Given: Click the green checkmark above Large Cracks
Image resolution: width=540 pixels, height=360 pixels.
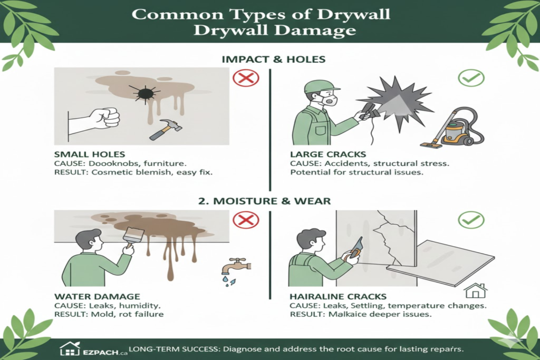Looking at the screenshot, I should [470, 79].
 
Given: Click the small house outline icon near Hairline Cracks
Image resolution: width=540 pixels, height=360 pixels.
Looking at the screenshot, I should [476, 290].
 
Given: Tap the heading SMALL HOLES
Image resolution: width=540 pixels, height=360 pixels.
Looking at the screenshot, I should [89, 155].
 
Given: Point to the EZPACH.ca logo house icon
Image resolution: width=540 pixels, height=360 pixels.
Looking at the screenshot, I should [70, 348].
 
